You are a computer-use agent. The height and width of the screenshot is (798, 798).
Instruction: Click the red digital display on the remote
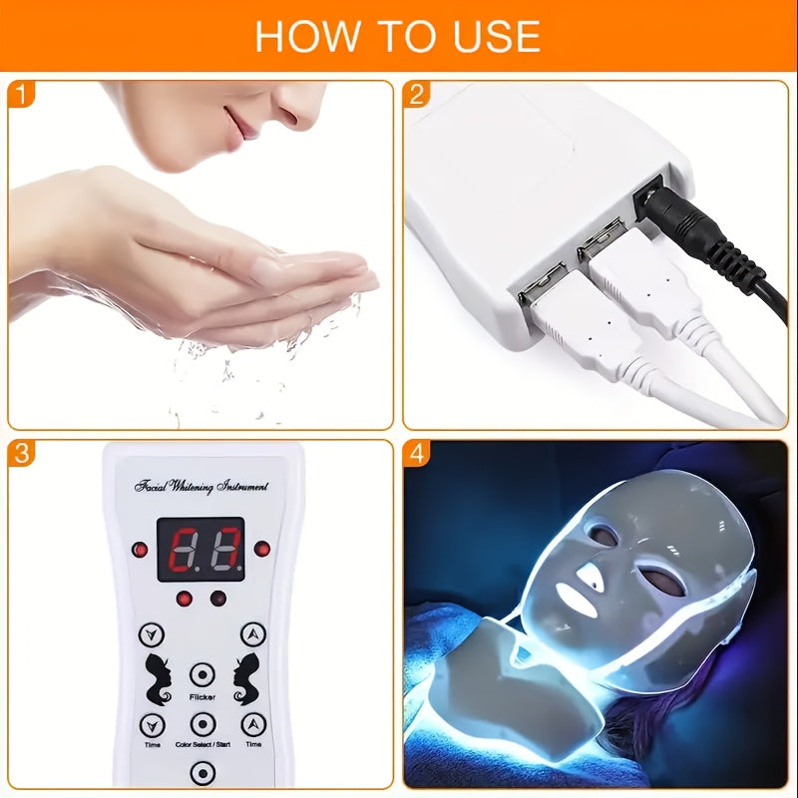click(x=200, y=549)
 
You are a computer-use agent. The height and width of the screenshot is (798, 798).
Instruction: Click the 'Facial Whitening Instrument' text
click(x=200, y=486)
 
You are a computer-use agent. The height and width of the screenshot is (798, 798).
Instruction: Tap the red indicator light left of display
click(x=140, y=550)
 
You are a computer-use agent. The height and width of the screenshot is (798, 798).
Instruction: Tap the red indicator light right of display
click(x=261, y=549)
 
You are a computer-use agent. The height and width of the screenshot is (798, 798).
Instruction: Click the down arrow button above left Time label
click(x=152, y=724)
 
